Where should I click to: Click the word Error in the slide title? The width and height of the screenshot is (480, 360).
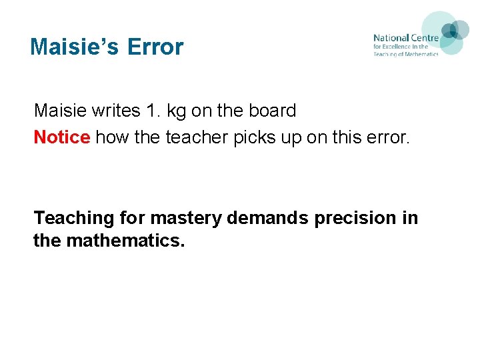click(x=155, y=47)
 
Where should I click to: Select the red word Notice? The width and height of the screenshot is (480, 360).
click(x=62, y=137)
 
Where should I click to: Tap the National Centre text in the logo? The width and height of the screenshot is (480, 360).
click(x=405, y=38)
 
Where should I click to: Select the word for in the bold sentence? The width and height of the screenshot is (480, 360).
click(x=134, y=218)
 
